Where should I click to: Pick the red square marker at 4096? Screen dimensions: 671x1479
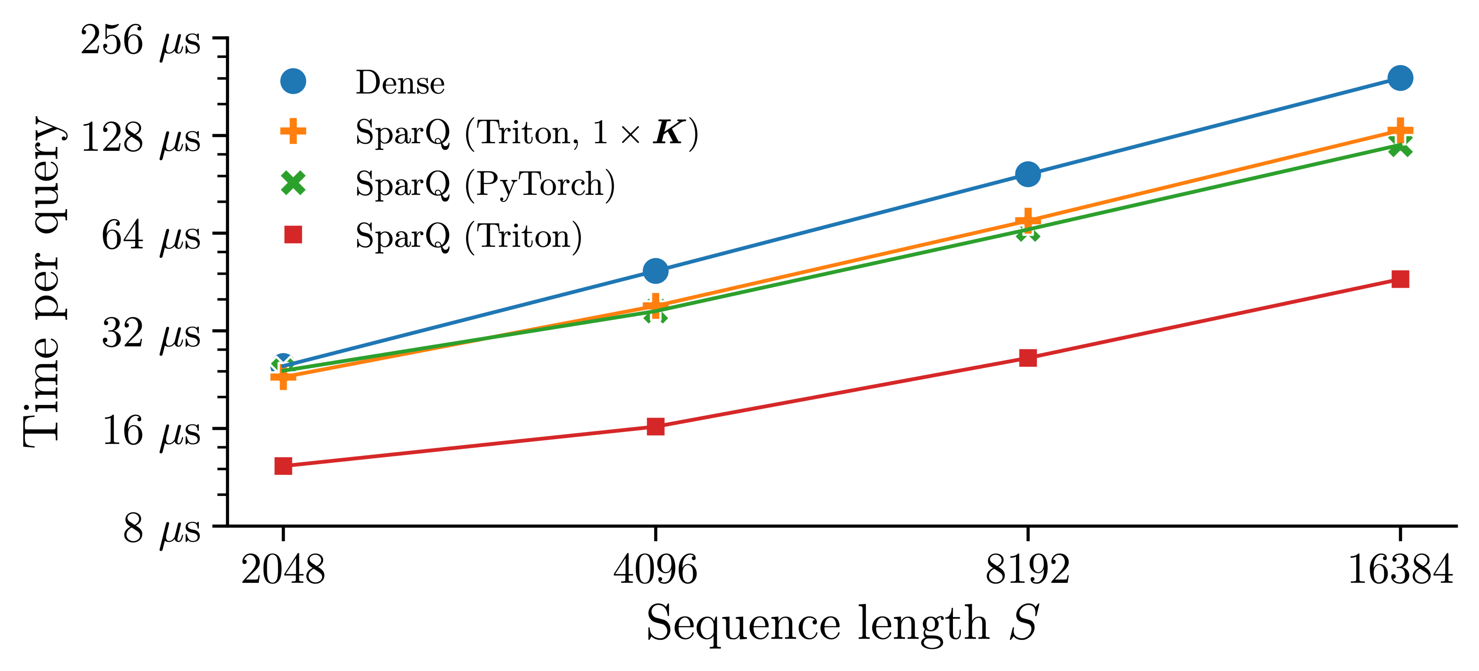pyautogui.click(x=655, y=427)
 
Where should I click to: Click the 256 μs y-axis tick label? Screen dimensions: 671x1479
pyautogui.click(x=141, y=41)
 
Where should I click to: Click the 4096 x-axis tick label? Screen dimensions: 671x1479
pyautogui.click(x=655, y=570)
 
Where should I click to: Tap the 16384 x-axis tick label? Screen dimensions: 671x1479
pyautogui.click(x=1400, y=570)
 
